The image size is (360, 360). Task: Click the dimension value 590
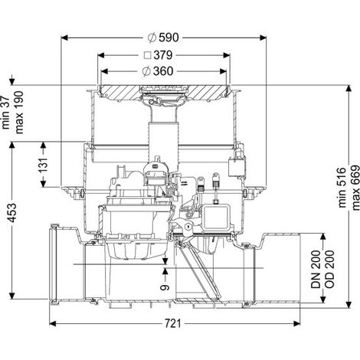click(169, 38)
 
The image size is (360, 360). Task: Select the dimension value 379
click(163, 55)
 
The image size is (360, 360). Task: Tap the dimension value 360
click(163, 71)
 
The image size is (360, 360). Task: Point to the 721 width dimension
click(173, 324)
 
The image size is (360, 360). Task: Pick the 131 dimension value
click(43, 165)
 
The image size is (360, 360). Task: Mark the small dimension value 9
click(165, 287)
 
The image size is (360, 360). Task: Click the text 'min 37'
click(5, 113)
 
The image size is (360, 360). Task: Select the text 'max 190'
click(19, 113)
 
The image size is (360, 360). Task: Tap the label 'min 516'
click(342, 188)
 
